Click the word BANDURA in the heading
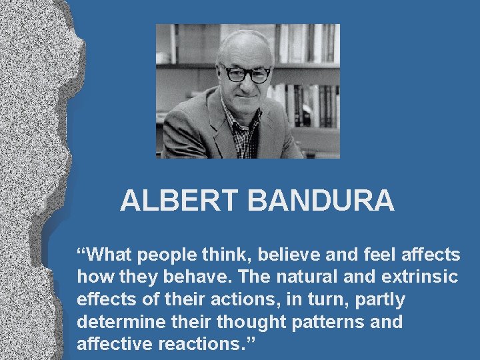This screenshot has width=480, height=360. click(321, 201)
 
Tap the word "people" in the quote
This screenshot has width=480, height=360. click(171, 255)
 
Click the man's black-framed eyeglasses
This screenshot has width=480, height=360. click(247, 73)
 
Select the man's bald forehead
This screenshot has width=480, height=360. click(245, 47)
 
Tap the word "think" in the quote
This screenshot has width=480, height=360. click(230, 255)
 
